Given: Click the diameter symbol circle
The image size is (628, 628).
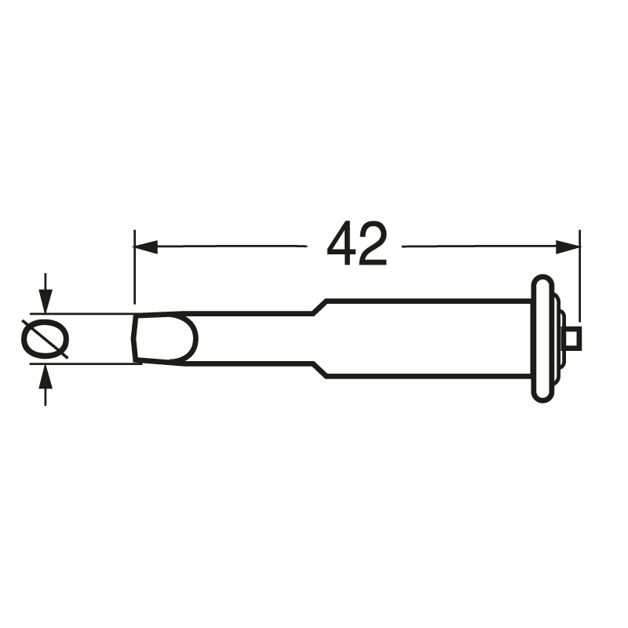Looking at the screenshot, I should coord(45,339).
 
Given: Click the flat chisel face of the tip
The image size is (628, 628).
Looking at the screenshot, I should coord(161,339).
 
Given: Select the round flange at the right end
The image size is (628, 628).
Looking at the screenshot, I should coord(542,339).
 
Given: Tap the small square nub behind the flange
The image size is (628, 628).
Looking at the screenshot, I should coord(574,338).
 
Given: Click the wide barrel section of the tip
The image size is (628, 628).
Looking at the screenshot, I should coord(424,339).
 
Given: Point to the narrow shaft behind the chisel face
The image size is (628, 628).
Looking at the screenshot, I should coord(251,339).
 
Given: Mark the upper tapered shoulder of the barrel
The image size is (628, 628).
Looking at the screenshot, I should coord(318,307).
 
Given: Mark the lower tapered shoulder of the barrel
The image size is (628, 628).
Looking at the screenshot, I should coord(318,371).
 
